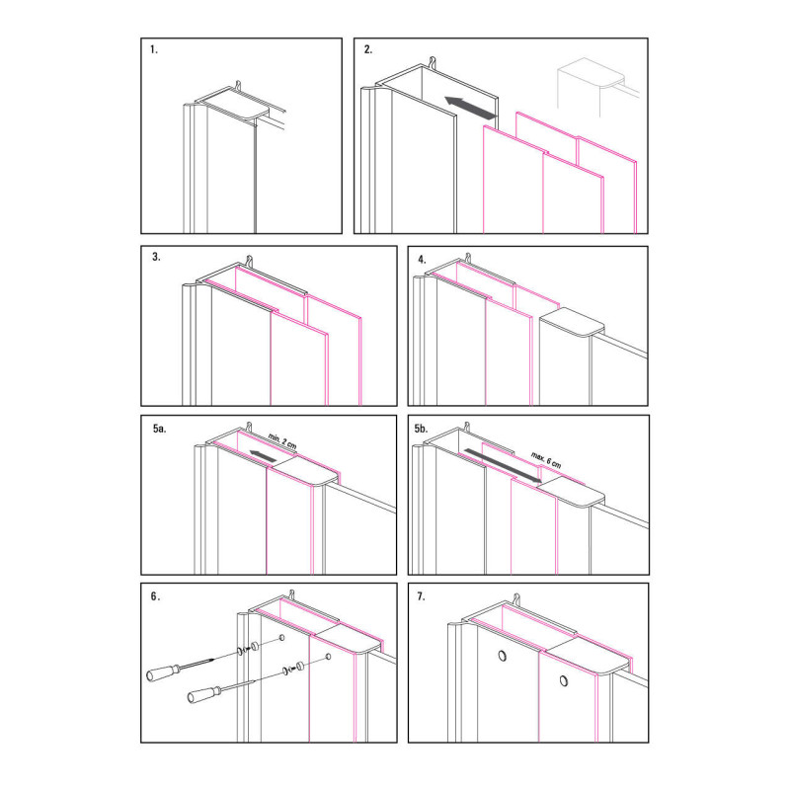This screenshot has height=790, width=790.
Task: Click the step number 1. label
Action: [x=154, y=49]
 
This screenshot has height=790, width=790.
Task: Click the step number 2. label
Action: [x=368, y=49]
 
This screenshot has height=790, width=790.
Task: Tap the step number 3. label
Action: [x=156, y=257]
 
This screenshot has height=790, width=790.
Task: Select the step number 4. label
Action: [x=422, y=260]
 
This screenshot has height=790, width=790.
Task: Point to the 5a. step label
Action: [x=160, y=429]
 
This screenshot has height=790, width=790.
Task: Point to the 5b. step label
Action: [x=421, y=429]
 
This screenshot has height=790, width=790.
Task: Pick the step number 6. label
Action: [x=156, y=596]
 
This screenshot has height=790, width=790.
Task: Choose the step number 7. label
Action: [x=422, y=596]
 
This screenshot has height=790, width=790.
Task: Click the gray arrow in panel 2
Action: [x=470, y=109]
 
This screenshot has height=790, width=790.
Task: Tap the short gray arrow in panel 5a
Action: [x=263, y=455]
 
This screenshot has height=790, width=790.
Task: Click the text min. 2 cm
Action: [x=282, y=441]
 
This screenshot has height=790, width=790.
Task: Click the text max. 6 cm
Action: [x=546, y=460]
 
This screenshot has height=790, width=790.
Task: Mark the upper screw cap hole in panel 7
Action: [x=503, y=656]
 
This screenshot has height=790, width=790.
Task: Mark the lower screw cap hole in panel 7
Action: [x=564, y=681]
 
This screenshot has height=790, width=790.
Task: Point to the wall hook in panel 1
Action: [x=239, y=85]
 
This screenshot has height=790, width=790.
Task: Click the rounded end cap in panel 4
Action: [x=572, y=323]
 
